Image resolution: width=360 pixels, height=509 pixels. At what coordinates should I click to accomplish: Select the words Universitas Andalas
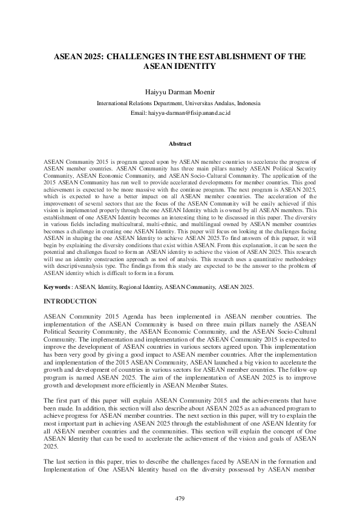coord(209,103)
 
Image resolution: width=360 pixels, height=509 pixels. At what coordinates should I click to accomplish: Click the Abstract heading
coord(180,144)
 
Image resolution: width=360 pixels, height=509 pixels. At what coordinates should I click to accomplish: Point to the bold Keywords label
coord(59,287)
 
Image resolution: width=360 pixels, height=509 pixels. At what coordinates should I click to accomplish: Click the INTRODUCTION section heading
coord(70,301)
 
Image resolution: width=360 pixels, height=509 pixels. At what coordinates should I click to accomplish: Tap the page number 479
coord(180,498)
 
